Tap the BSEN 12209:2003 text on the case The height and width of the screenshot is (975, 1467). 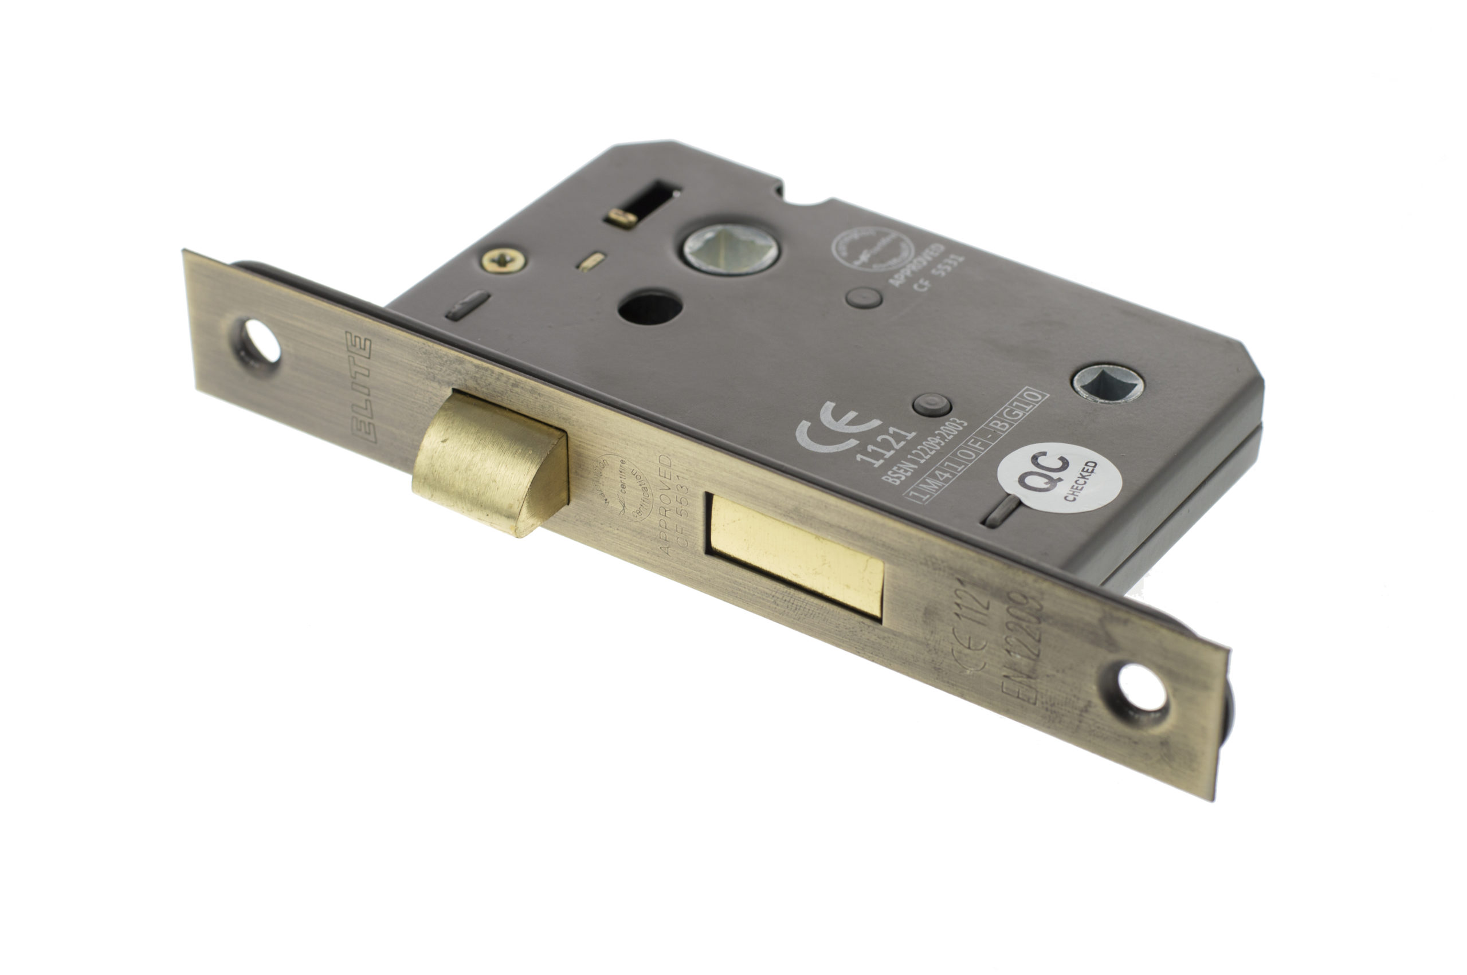coord(924,451)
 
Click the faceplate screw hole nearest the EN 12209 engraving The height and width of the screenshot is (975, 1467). coord(1142,688)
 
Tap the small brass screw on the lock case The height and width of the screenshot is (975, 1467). coord(503,260)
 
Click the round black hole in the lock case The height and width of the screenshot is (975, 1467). coord(649,306)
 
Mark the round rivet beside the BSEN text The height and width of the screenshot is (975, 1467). coord(931,405)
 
